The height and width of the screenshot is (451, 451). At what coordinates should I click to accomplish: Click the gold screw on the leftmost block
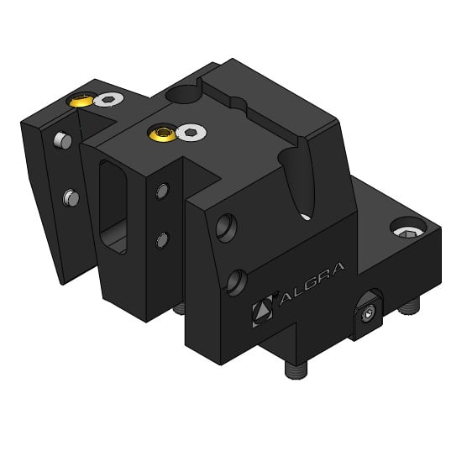(82, 101)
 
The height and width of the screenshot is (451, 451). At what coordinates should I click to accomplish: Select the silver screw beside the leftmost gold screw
(108, 100)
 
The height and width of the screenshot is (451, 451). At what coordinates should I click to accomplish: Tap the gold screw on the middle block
(160, 132)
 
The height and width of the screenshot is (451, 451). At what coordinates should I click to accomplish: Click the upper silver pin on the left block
(60, 139)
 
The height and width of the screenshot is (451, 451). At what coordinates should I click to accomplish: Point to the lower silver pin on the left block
(71, 198)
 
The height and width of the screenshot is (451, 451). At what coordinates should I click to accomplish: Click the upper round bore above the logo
(224, 227)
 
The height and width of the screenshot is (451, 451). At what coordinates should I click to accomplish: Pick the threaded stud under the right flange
(408, 312)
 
